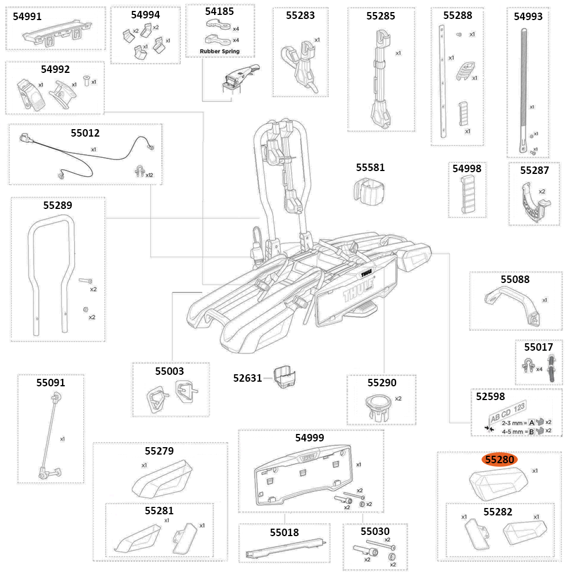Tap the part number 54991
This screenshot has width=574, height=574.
pyautogui.click(x=28, y=17)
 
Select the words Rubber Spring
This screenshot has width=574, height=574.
pyautogui.click(x=219, y=52)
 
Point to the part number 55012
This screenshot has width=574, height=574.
pyautogui.click(x=85, y=133)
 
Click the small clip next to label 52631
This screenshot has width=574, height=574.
pyautogui.click(x=285, y=378)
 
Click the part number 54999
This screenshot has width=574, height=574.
pyautogui.click(x=309, y=437)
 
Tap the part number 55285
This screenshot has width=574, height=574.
pyautogui.click(x=381, y=16)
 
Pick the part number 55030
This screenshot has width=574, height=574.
pyautogui.click(x=375, y=532)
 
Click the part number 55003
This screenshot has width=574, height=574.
pyautogui.click(x=169, y=371)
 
